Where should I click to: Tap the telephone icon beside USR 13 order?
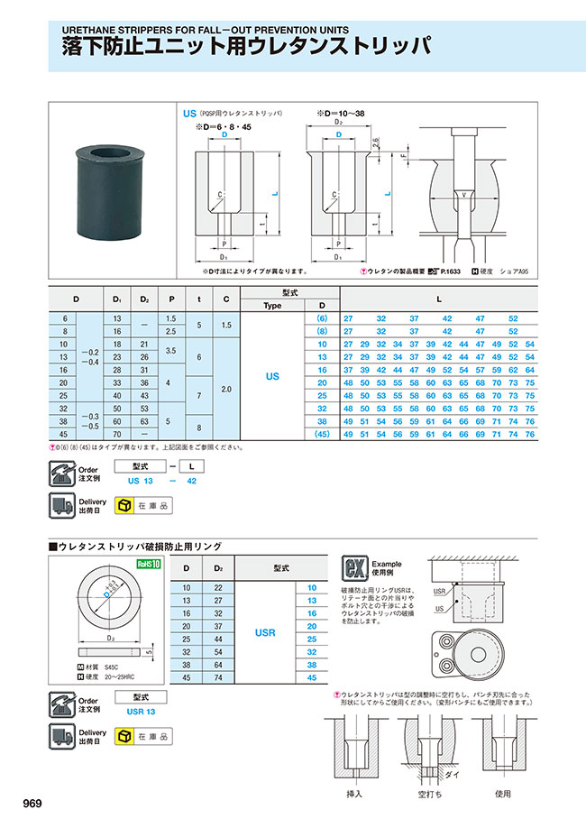[63, 704]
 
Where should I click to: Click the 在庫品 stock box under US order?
[145, 507]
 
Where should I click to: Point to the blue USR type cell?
[265, 633]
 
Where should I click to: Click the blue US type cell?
[272, 376]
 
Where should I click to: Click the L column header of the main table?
[438, 299]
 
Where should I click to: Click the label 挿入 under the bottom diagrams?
[354, 794]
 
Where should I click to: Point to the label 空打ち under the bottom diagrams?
[428, 794]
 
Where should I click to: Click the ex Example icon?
[352, 568]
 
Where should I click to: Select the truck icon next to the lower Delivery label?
[63, 736]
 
